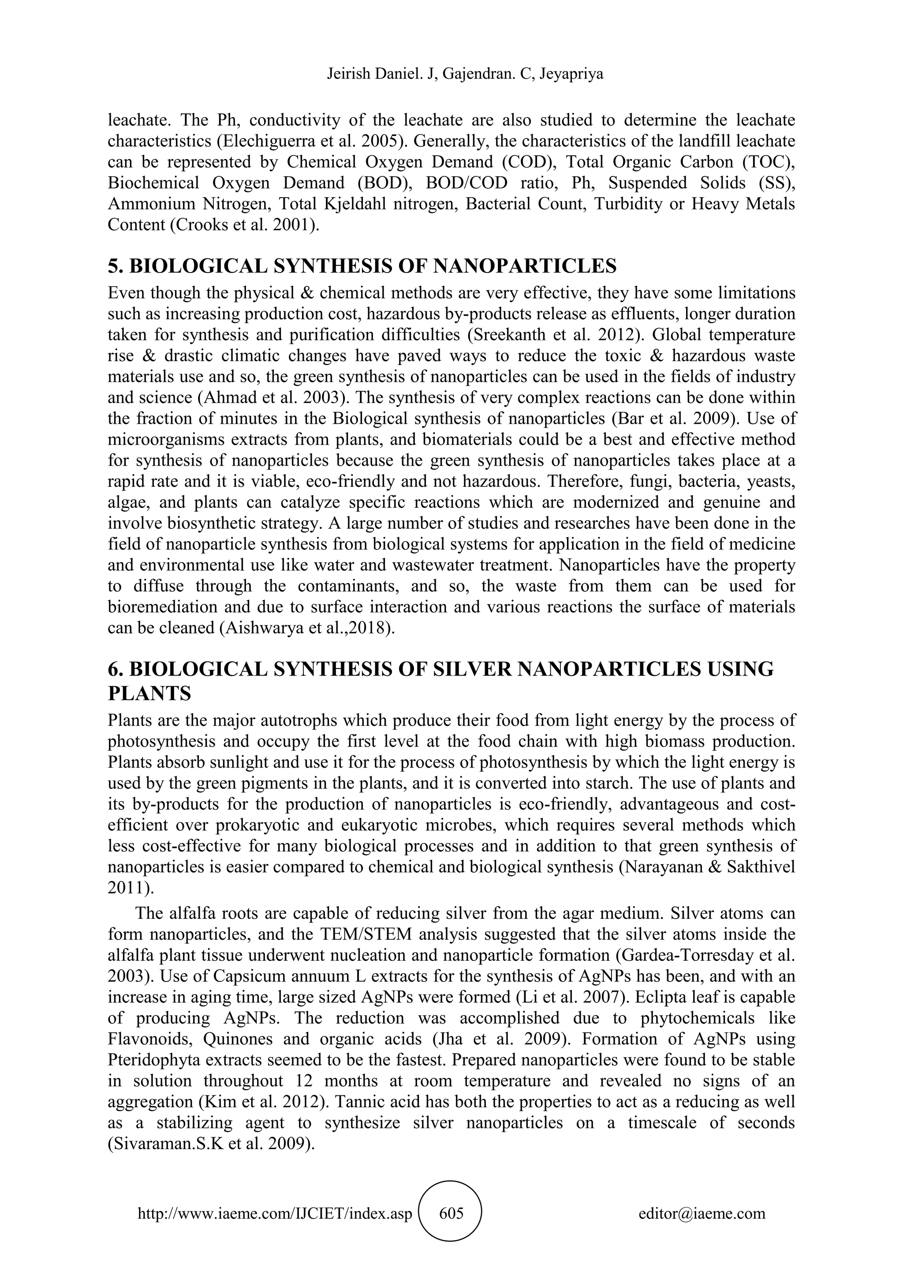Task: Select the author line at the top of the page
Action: pyautogui.click(x=451, y=75)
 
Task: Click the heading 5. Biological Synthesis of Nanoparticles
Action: pyautogui.click(x=362, y=266)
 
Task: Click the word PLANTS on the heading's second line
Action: pyautogui.click(x=149, y=694)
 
